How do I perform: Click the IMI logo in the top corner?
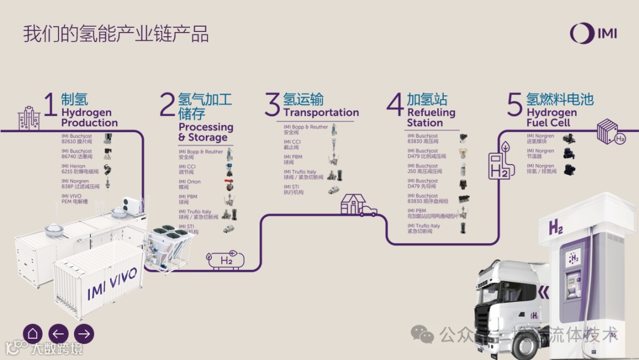(x=593, y=33)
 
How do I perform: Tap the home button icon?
(x=33, y=333)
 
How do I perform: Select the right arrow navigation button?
(x=84, y=333)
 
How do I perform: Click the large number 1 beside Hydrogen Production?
(x=51, y=105)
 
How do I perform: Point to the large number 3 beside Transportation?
(x=272, y=105)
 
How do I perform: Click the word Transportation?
(x=321, y=112)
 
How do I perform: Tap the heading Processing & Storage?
(x=205, y=132)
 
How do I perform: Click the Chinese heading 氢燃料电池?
(x=559, y=98)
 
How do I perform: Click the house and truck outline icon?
(x=357, y=205)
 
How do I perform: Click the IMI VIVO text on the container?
(x=112, y=283)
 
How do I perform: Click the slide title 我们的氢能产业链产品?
(x=116, y=34)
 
